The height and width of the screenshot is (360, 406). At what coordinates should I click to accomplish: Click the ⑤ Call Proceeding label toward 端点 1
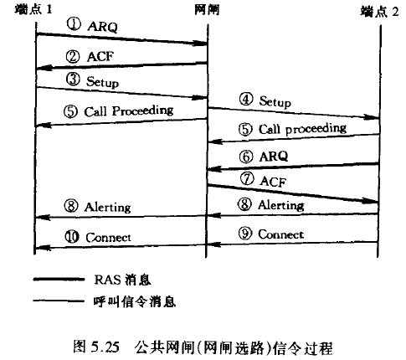click(117, 111)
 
